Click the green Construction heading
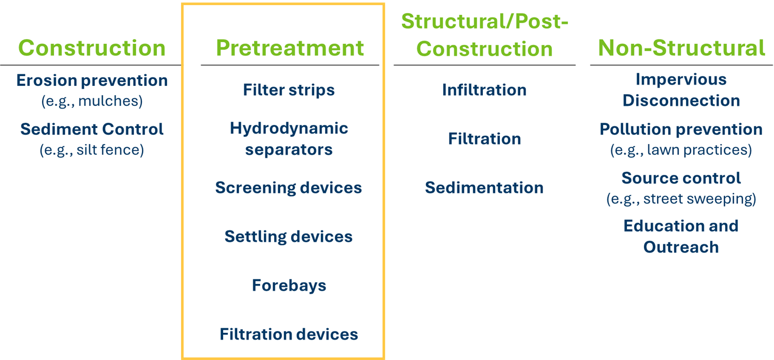tap(92, 48)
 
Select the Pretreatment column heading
tap(290, 48)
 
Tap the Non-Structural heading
tap(681, 48)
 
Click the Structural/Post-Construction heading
tap(484, 35)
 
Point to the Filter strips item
tap(289, 90)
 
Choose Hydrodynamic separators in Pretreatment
tap(289, 139)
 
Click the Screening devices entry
tap(289, 188)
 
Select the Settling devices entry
tap(289, 237)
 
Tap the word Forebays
tap(289, 285)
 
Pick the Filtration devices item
tap(289, 334)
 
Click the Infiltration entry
tap(484, 90)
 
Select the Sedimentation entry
tap(484, 188)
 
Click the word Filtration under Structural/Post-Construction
tap(484, 139)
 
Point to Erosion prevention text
tap(92, 81)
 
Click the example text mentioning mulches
tap(92, 101)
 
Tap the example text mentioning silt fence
tap(92, 150)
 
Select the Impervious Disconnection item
tap(681, 90)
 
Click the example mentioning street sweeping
tap(681, 199)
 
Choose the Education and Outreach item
tap(681, 237)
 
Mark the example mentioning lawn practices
tap(681, 150)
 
